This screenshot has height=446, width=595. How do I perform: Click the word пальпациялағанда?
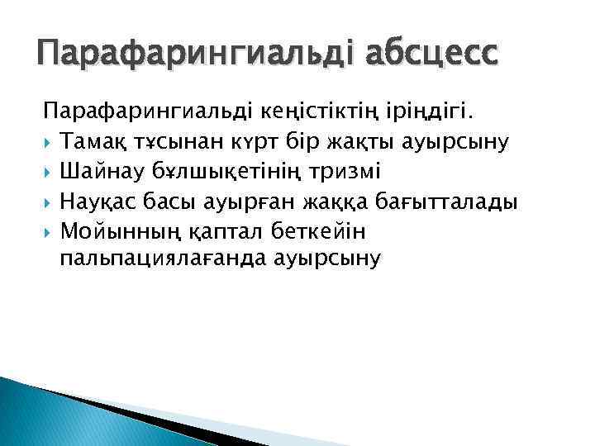[x=166, y=259]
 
